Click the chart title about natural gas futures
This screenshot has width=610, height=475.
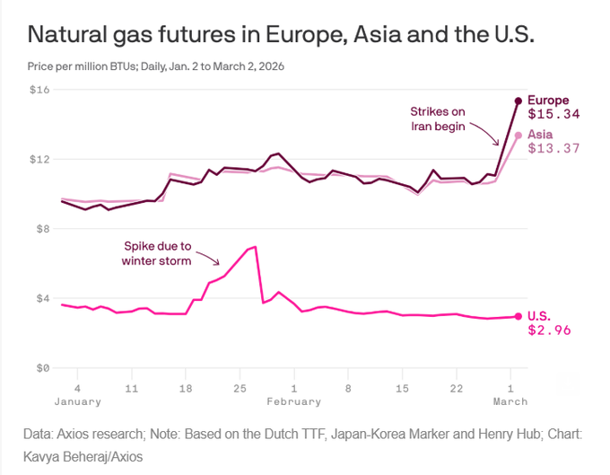pyautogui.click(x=282, y=35)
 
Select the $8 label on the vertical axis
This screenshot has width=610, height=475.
pyautogui.click(x=41, y=229)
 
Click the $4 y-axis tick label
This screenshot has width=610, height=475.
pyautogui.click(x=41, y=298)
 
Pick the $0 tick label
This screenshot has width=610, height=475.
pyautogui.click(x=41, y=368)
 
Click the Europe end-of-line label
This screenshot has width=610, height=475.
pyautogui.click(x=547, y=100)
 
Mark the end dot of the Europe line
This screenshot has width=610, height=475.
pyautogui.click(x=518, y=101)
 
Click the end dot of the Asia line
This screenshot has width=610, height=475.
pyautogui.click(x=518, y=135)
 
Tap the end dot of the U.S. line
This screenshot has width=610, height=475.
pyautogui.click(x=518, y=316)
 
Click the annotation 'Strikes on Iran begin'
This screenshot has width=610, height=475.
pyautogui.click(x=438, y=119)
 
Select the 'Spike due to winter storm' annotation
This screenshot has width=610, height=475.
pyautogui.click(x=157, y=253)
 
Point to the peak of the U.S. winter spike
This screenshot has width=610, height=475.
pyautogui.click(x=256, y=246)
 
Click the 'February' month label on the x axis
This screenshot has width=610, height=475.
pyautogui.click(x=293, y=401)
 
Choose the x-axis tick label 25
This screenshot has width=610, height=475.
pyautogui.click(x=240, y=388)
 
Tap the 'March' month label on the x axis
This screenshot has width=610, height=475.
pyautogui.click(x=511, y=401)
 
